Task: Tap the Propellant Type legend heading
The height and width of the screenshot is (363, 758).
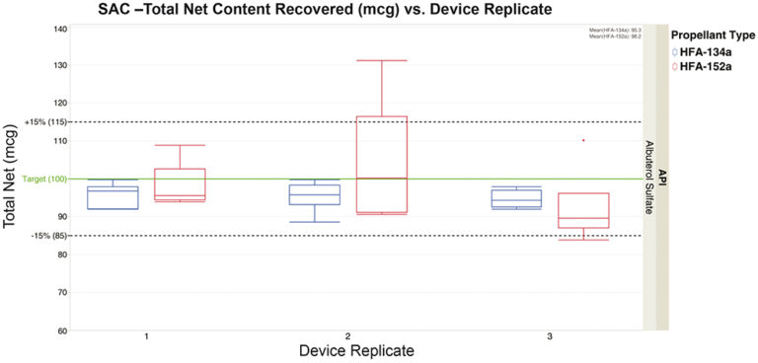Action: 713,34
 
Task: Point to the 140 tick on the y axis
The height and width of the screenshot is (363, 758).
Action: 60,29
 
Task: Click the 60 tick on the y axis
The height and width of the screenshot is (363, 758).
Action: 60,330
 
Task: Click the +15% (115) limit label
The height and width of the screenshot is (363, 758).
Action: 45,122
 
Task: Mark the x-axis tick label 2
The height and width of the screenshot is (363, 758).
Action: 348,336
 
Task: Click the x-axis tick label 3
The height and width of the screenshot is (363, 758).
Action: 550,336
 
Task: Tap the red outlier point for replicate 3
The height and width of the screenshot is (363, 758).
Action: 583,140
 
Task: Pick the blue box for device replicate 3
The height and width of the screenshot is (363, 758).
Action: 516,199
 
